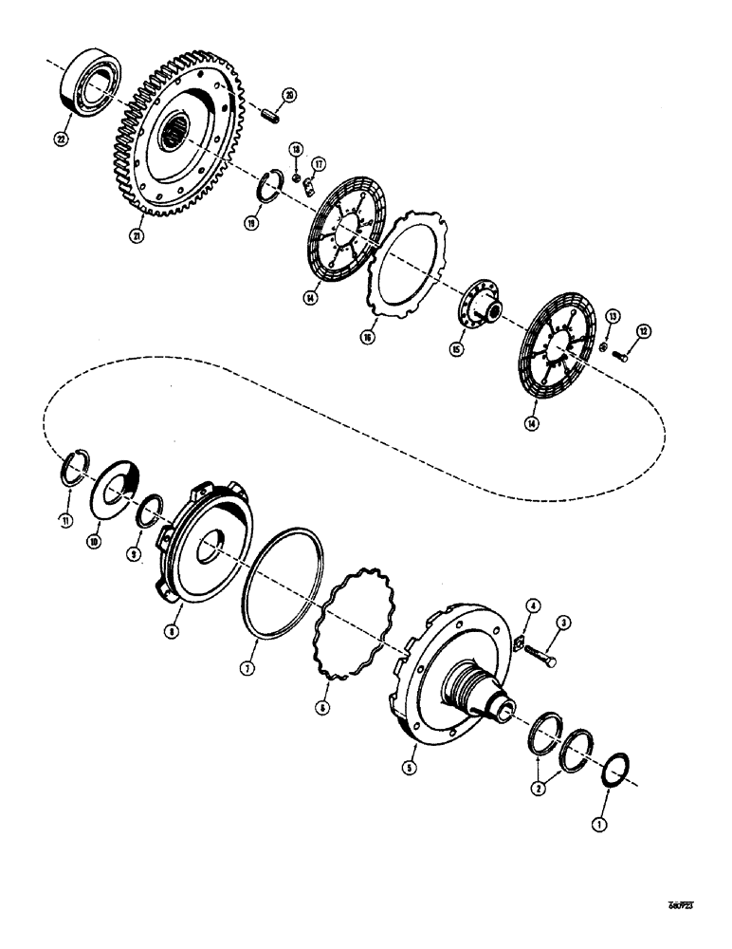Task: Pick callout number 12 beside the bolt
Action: click(645, 330)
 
